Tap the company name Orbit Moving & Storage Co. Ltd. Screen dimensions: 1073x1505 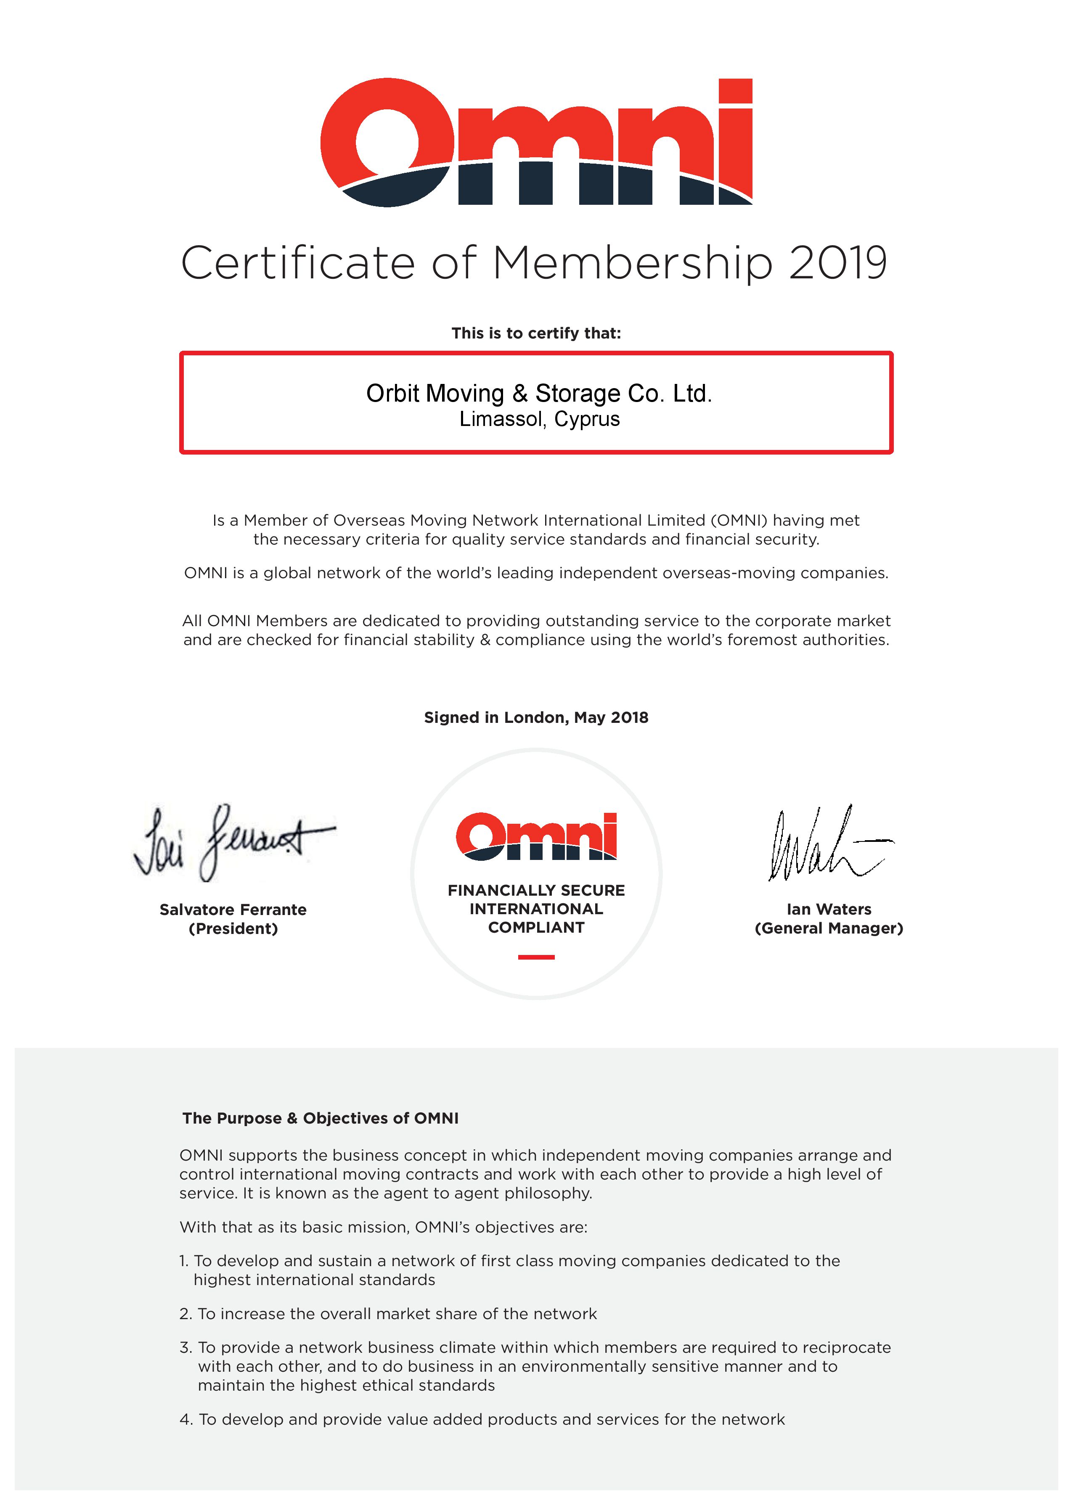point(538,394)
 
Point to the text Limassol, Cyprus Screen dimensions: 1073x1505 point(539,419)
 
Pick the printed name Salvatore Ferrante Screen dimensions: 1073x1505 point(233,910)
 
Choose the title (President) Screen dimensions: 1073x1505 point(233,929)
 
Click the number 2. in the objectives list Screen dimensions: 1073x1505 point(185,1314)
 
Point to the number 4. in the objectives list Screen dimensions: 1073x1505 point(185,1420)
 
